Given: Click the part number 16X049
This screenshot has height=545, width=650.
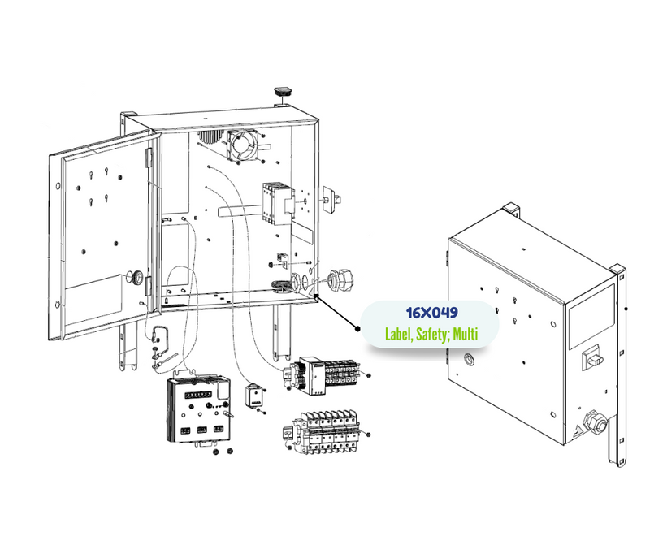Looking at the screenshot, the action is [431, 313].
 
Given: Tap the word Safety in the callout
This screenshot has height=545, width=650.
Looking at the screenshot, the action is [432, 334].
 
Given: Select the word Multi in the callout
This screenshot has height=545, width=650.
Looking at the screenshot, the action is [465, 334].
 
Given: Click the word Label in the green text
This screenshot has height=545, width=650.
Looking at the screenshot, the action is [399, 334].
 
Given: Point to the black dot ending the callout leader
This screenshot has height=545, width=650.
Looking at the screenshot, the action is [357, 329].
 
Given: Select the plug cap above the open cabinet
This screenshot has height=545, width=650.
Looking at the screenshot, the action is [283, 92].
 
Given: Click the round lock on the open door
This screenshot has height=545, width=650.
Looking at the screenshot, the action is [136, 276].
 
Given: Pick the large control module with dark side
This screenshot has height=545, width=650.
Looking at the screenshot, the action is [198, 409].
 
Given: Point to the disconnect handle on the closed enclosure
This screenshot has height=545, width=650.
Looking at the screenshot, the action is [591, 357].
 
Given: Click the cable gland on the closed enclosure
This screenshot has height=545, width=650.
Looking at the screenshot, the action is [595, 421].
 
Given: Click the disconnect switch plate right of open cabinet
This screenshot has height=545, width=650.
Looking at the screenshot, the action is [331, 199].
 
